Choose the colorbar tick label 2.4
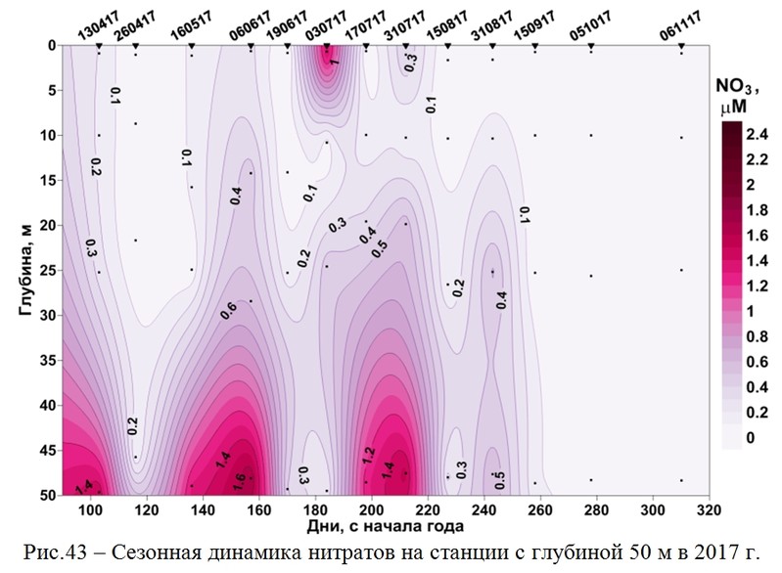click(758, 133)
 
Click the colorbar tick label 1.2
click(758, 286)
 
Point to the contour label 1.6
click(241, 479)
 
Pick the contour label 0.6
click(228, 311)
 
